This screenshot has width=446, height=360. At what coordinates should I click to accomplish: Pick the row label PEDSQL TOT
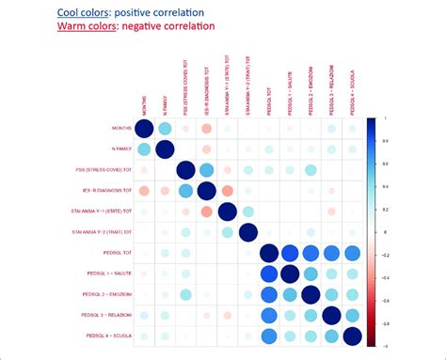[110, 253]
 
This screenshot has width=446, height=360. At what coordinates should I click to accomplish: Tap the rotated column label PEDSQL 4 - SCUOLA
[353, 91]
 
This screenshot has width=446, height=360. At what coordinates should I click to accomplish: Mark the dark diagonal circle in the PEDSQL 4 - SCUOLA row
[352, 336]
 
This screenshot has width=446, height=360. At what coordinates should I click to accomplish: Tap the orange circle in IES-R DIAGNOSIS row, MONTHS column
[145, 191]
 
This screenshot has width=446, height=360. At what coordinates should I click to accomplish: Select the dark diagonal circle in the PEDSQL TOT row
[269, 253]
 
